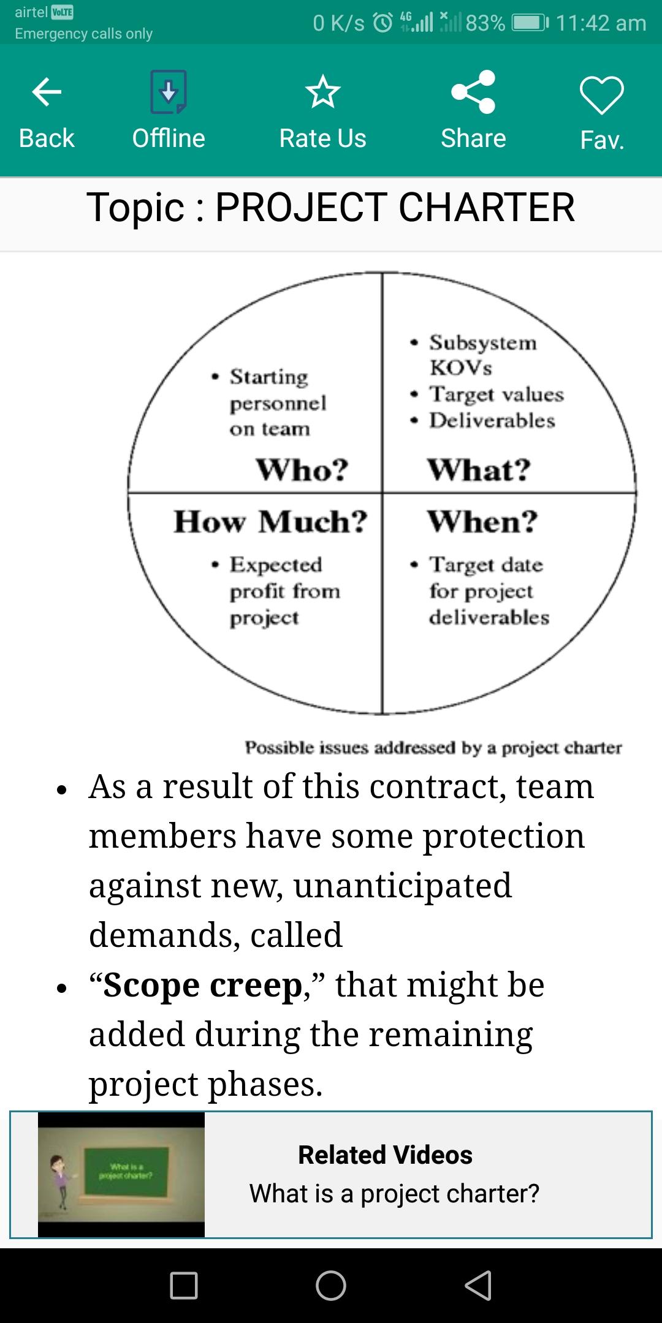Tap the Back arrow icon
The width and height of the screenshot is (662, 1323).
(47, 92)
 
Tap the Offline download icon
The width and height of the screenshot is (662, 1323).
(169, 92)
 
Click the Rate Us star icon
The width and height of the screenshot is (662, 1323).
(322, 92)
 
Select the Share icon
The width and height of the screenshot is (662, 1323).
(473, 92)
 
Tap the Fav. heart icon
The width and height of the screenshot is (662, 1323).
(602, 95)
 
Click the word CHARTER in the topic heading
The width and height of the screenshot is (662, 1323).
(487, 207)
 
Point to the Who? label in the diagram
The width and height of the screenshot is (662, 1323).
(302, 470)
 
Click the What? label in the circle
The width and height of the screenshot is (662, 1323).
(479, 470)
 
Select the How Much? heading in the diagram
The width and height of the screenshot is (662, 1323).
(270, 522)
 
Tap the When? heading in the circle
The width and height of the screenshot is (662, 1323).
(482, 522)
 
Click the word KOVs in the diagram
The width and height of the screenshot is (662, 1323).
(461, 367)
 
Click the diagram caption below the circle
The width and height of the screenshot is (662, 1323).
(433, 747)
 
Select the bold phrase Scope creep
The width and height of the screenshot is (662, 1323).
(203, 985)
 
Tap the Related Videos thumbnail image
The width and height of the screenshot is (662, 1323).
(121, 1174)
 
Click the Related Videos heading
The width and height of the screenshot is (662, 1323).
(385, 1155)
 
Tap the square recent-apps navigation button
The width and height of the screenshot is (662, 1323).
(184, 1285)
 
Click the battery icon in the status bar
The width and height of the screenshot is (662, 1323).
(530, 23)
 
